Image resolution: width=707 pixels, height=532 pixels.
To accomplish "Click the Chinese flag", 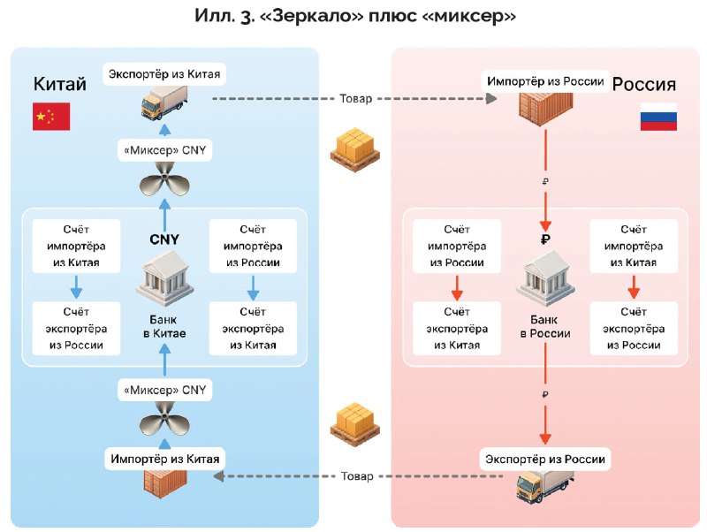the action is click(51, 117).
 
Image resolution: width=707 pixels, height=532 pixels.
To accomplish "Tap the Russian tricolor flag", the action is click(658, 117).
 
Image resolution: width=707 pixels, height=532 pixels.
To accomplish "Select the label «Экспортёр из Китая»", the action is click(164, 74).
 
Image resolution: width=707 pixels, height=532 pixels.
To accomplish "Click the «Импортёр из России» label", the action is click(545, 81).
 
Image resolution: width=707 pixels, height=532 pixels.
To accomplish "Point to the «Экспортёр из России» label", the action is click(545, 459).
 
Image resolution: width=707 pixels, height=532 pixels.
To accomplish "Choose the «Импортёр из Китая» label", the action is click(165, 459).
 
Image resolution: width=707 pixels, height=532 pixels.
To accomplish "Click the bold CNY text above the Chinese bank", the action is click(164, 239).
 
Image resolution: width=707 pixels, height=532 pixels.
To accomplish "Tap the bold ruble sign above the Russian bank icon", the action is click(545, 239).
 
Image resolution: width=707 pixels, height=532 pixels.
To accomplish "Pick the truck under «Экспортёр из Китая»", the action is click(164, 103).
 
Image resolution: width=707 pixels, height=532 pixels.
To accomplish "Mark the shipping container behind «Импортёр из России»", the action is click(545, 108).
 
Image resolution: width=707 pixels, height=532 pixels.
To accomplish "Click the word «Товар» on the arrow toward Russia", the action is click(356, 99).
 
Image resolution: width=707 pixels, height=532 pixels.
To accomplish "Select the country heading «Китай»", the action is click(60, 84).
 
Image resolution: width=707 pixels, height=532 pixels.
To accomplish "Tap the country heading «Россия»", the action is click(644, 84).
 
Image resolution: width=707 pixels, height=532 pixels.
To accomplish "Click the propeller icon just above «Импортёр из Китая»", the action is click(164, 419).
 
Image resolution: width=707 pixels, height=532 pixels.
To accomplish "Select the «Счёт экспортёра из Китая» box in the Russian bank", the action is click(457, 328).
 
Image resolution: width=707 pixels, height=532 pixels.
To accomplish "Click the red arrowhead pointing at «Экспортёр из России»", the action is click(545, 438).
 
